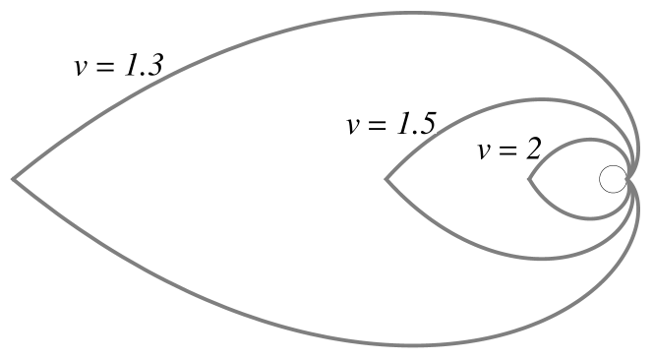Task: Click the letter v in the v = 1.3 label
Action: pyautogui.click(x=81, y=67)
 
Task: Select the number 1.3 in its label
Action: pyautogui.click(x=142, y=65)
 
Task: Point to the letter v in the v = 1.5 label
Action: pyautogui.click(x=353, y=125)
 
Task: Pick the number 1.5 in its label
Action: pyautogui.click(x=414, y=123)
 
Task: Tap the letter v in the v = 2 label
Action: pyautogui.click(x=484, y=150)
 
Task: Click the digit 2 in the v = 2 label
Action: pyautogui.click(x=532, y=149)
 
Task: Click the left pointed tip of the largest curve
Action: pyautogui.click(x=13, y=179)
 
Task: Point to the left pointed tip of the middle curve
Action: pyautogui.click(x=386, y=180)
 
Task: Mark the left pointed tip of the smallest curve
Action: pyautogui.click(x=529, y=180)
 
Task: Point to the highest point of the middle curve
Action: pyautogui.click(x=536, y=99)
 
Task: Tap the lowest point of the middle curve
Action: pyautogui.click(x=536, y=260)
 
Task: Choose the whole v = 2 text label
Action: pyautogui.click(x=509, y=149)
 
